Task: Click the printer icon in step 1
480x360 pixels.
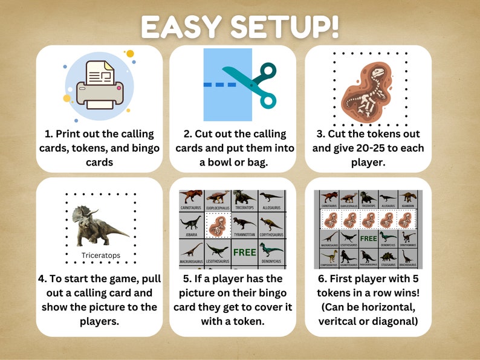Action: click(99, 84)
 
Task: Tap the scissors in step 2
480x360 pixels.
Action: click(249, 85)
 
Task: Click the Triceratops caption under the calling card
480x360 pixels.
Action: click(101, 256)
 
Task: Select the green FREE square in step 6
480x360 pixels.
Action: click(368, 238)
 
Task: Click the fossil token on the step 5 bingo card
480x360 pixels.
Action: click(216, 227)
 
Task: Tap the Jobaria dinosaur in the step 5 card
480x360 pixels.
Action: click(190, 225)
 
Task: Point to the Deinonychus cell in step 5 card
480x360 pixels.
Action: click(271, 250)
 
